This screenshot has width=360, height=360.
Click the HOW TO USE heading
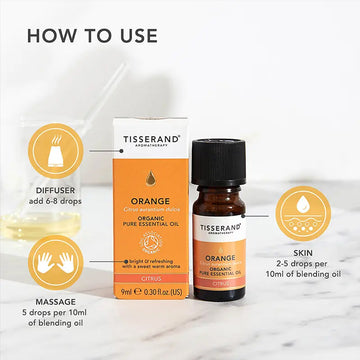pos(92,35)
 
